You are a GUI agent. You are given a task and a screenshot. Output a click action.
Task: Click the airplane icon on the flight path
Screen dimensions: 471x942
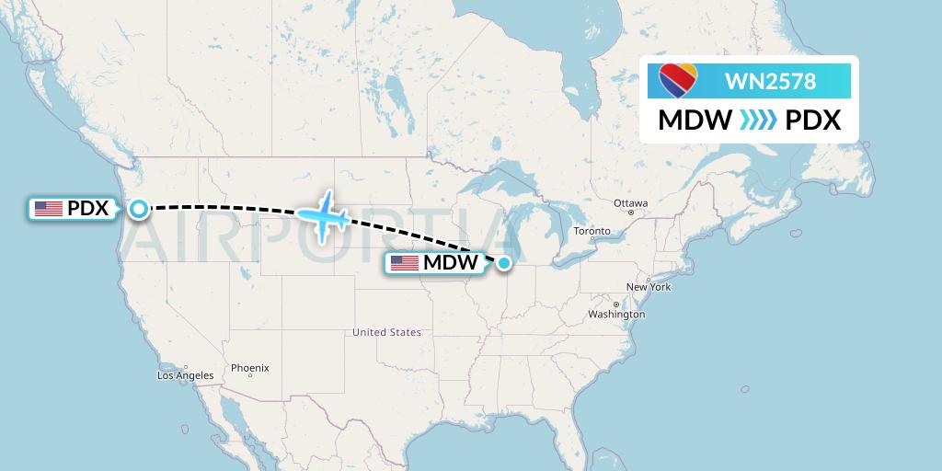coord(323,217)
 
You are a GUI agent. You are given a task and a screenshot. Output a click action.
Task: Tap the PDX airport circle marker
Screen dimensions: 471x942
coord(138,209)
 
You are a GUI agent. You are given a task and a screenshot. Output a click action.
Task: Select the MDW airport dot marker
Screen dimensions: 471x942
coord(504,263)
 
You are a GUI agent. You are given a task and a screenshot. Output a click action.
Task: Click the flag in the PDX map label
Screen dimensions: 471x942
coord(48,209)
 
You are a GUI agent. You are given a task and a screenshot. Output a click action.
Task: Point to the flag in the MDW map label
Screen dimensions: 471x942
coord(404,263)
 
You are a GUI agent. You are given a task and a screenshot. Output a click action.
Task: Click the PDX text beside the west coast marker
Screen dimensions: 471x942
coord(88,209)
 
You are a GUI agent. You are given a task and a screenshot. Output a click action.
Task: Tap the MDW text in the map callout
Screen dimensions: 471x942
coord(450,263)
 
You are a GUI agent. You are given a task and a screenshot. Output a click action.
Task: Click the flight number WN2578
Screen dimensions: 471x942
coord(770,82)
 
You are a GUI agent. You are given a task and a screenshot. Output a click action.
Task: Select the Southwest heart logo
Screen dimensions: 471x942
coord(679,80)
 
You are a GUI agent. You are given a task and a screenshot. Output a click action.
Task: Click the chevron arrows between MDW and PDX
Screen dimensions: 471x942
coord(758,121)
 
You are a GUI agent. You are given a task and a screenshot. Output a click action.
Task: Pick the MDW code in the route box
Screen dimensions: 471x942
coord(695,121)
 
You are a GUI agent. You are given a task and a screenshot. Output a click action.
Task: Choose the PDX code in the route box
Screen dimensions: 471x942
coord(813,121)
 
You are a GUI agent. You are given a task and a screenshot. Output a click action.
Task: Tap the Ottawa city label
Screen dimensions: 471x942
coord(631,202)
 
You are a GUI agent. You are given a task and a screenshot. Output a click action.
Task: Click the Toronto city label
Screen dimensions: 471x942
coord(592,231)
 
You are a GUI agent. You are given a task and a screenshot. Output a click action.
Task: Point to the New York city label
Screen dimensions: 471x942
coord(649,287)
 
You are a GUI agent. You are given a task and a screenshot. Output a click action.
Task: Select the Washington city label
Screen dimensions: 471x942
coord(617,315)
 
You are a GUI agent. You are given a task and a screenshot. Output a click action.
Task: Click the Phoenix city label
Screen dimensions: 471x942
coord(249,368)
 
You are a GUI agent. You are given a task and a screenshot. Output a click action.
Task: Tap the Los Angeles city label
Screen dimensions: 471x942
coord(186,375)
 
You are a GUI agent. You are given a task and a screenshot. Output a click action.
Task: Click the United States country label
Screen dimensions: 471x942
coord(386,332)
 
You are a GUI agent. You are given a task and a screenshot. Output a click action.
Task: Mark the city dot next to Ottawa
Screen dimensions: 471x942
coord(631,212)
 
